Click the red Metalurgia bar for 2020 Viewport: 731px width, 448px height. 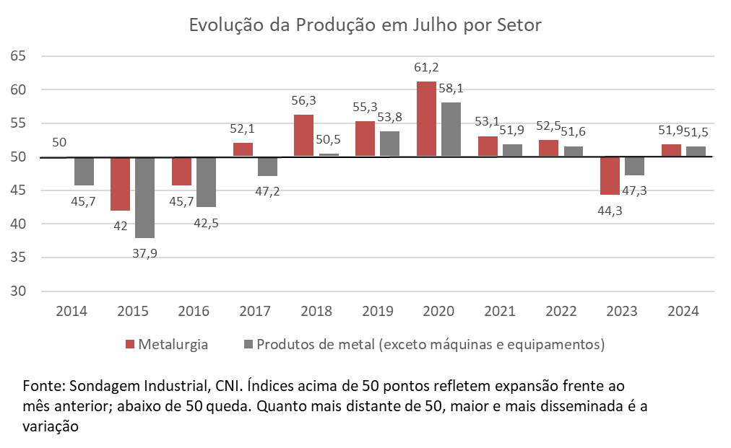tap(426, 119)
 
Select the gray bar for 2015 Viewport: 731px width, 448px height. tap(144, 197)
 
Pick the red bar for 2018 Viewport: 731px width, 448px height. tap(304, 136)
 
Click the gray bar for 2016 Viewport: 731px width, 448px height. tap(206, 182)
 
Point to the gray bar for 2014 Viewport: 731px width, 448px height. tap(84, 171)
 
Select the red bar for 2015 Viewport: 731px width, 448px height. tap(120, 184)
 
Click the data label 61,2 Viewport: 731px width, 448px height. tap(426, 68)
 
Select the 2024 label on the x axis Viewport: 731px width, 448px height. tap(683, 312)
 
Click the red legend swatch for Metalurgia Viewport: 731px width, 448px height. tap(130, 344)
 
